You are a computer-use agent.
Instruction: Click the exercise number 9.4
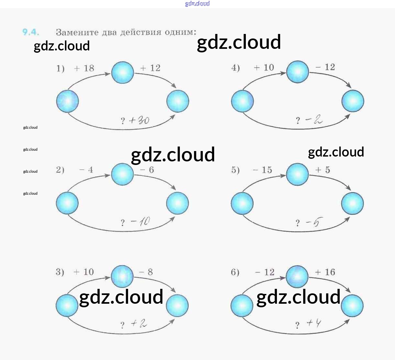click(31, 32)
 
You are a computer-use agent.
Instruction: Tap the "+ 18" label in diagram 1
click(84, 68)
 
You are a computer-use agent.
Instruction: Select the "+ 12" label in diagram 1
click(150, 68)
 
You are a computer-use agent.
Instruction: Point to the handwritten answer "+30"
click(139, 120)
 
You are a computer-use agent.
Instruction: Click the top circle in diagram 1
click(123, 72)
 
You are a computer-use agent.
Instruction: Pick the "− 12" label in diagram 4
click(325, 67)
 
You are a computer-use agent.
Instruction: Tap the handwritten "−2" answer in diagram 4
click(314, 120)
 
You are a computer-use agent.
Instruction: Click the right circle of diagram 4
click(353, 101)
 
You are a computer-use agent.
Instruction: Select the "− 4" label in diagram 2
click(86, 170)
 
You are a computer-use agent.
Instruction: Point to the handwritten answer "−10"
click(140, 222)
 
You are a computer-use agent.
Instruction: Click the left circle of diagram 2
click(67, 203)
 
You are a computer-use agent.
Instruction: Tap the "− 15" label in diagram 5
click(262, 170)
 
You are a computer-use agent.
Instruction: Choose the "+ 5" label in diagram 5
click(323, 170)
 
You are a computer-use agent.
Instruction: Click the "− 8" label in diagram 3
click(146, 272)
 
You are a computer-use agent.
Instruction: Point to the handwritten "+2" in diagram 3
click(139, 323)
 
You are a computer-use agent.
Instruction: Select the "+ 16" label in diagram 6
click(325, 272)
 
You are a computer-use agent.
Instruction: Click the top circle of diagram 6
click(297, 277)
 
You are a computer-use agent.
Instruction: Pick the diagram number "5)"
click(235, 170)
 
